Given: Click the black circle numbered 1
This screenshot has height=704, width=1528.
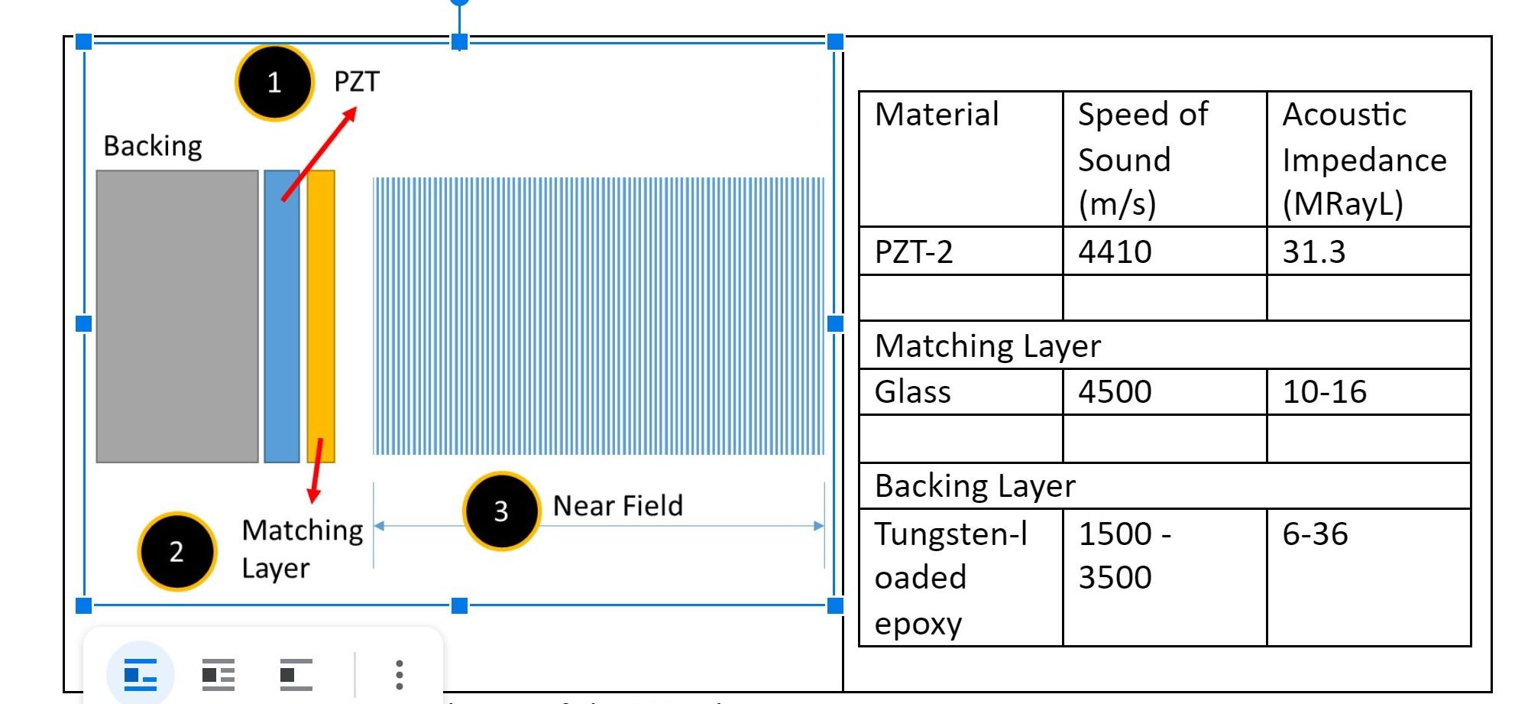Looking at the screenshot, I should (x=274, y=83).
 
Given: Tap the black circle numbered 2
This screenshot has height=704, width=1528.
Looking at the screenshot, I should (x=176, y=551).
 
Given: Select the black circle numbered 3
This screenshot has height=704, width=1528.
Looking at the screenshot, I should (x=501, y=511).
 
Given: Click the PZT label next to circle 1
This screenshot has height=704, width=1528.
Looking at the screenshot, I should (x=357, y=82).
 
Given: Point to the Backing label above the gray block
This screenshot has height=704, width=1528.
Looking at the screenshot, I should (x=153, y=145).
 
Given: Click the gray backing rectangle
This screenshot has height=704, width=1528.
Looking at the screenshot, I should (x=177, y=316).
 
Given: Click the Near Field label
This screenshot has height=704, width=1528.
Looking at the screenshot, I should (x=617, y=506).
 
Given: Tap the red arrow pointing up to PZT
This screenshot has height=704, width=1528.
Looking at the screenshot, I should (x=319, y=154).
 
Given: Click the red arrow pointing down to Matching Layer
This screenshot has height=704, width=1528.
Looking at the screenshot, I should (x=316, y=471).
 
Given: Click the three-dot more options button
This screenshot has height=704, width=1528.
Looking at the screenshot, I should (x=399, y=675).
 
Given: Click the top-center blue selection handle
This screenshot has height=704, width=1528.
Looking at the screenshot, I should (x=459, y=42).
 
